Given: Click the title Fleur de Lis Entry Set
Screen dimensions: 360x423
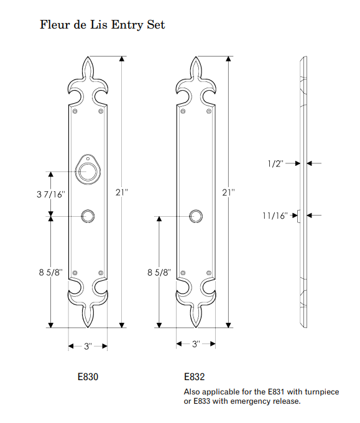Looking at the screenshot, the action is (x=103, y=25).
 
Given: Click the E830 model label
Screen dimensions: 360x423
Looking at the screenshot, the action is (x=88, y=376).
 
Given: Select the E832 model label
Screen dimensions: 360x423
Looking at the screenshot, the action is (x=194, y=376).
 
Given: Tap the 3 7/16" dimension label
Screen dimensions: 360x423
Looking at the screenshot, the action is (x=51, y=194).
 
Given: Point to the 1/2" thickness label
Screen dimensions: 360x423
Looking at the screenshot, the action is (x=275, y=163).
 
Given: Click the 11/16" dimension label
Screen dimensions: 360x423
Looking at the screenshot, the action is (x=275, y=216).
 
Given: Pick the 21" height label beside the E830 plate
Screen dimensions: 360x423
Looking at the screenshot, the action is (x=121, y=193).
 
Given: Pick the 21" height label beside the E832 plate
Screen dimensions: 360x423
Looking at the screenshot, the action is (x=228, y=193).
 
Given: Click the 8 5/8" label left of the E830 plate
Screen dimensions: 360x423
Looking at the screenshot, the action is (x=50, y=272).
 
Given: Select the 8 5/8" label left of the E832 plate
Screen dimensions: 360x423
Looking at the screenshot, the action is (x=159, y=272).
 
